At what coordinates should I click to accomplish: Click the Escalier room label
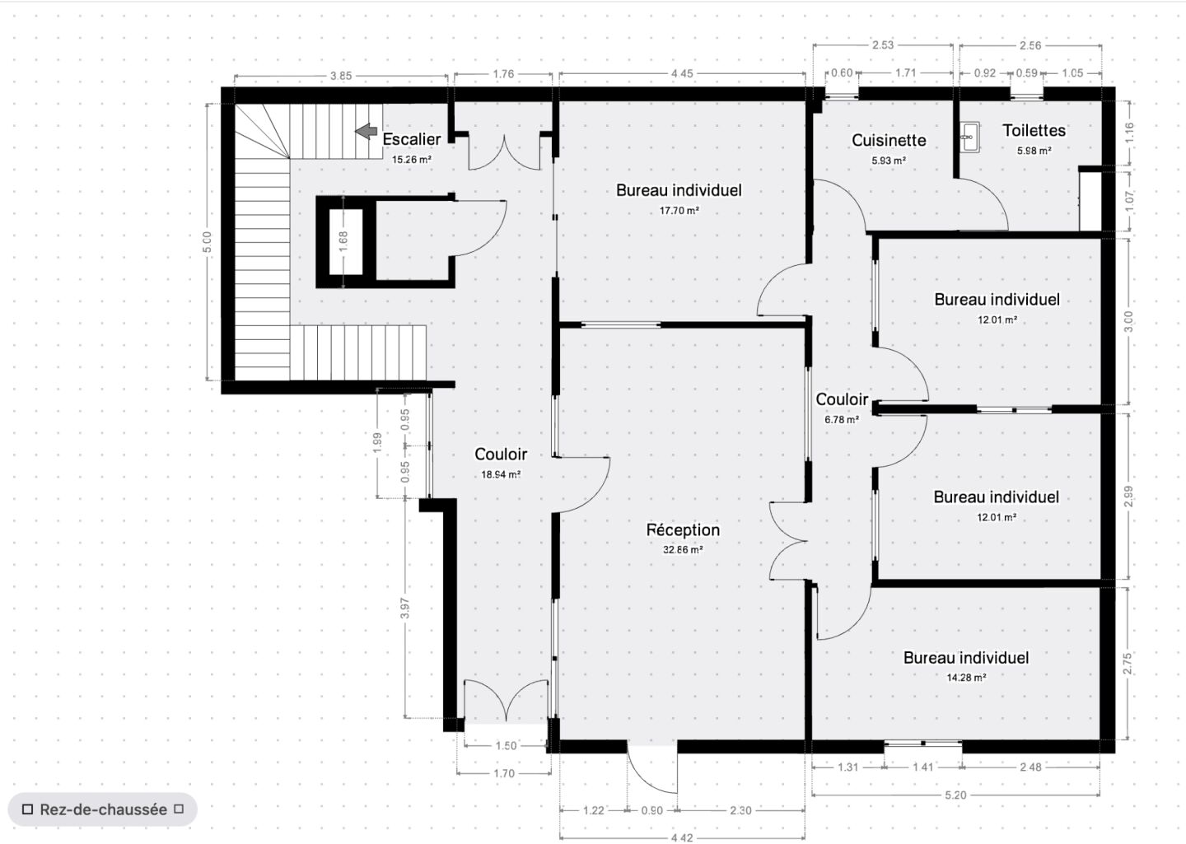tap(412, 139)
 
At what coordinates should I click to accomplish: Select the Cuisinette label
tap(889, 141)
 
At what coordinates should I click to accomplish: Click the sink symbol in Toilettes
tap(969, 138)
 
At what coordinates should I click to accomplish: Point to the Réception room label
tap(683, 530)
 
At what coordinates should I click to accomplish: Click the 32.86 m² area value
tap(683, 550)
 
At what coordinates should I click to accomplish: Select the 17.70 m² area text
tap(679, 211)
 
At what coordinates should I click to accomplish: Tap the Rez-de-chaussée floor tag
tap(103, 809)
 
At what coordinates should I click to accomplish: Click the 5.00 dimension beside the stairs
tap(208, 241)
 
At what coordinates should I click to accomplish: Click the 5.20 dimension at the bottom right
tap(955, 795)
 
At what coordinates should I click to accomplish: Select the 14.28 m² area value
tap(966, 678)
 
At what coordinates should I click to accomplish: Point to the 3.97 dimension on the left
tap(404, 609)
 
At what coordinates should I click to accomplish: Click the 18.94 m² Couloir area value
tap(501, 474)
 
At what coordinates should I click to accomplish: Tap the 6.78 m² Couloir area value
tap(842, 419)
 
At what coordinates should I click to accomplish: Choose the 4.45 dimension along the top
tap(682, 74)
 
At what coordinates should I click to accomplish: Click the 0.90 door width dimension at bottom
tap(651, 811)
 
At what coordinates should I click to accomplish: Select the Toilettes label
tap(1034, 130)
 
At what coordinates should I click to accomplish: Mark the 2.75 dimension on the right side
tap(1128, 664)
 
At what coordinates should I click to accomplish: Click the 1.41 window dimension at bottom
tap(922, 767)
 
